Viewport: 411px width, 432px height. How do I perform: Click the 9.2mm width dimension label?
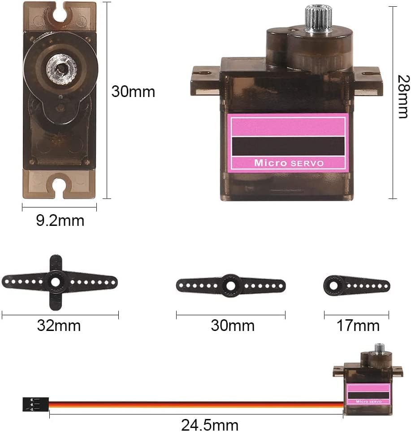click(60, 220)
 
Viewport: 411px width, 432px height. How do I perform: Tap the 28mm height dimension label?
click(403, 97)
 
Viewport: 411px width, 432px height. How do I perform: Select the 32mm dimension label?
click(59, 326)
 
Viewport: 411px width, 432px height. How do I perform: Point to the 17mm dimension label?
click(358, 326)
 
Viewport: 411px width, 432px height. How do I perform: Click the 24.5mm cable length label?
click(210, 425)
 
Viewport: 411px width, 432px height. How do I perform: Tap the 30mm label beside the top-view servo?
click(133, 92)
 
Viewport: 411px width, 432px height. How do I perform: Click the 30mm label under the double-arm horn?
click(233, 326)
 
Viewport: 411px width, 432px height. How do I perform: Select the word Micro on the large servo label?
click(271, 163)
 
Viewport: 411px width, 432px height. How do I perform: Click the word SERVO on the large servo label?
click(307, 163)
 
